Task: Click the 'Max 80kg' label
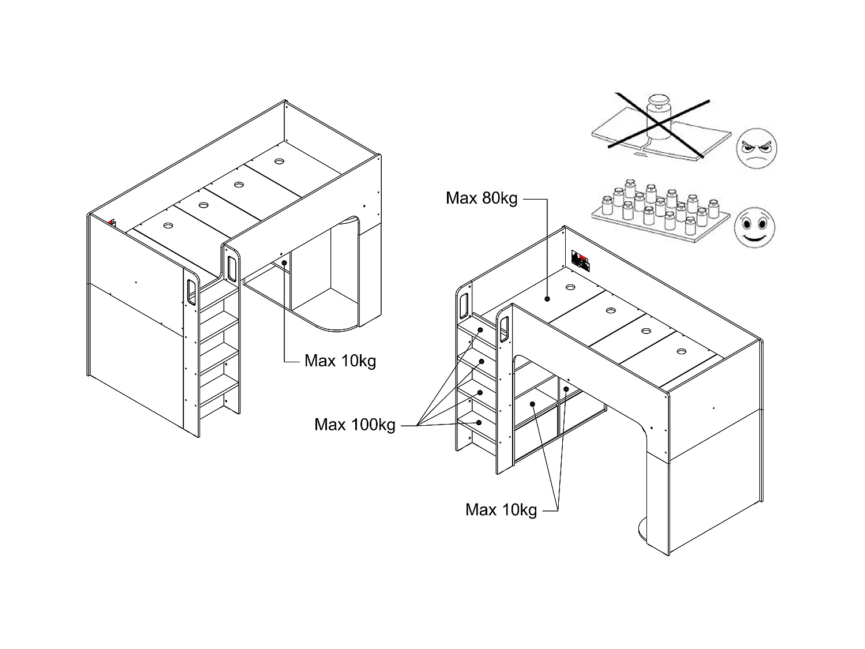481,198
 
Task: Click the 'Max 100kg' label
355,425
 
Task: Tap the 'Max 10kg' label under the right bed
501,510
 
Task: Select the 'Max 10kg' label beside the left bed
340,361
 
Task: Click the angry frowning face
756,149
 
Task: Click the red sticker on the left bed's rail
112,223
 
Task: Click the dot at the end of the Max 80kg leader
547,299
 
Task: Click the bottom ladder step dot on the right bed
479,422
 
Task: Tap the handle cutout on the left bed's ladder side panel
191,292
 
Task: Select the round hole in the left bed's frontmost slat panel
168,226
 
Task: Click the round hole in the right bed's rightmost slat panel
682,350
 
